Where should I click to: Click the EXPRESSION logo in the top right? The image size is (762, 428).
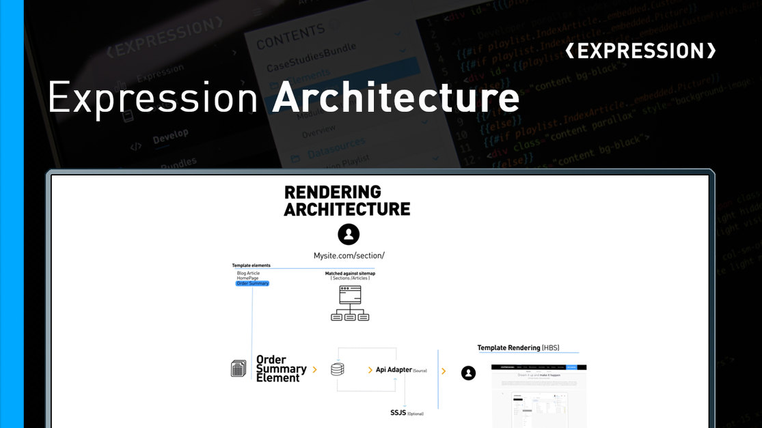[641, 51]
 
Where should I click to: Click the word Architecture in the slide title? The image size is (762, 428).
[396, 98]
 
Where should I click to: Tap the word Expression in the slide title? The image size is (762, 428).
[152, 98]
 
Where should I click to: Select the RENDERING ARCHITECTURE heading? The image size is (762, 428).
[346, 201]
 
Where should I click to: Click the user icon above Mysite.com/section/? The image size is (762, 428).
[349, 234]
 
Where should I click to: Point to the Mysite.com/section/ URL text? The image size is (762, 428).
[349, 255]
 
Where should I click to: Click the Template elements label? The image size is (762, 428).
[251, 265]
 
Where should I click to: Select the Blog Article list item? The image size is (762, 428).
[248, 273]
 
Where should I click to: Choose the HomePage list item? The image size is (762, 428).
[248, 278]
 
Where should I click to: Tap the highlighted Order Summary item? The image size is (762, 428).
[252, 283]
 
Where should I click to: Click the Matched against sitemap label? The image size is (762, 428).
[350, 274]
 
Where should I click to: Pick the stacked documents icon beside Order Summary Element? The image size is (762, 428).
[238, 369]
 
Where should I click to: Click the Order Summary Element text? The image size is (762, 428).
[280, 369]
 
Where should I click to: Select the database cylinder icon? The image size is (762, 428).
[337, 369]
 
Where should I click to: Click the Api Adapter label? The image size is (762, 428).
[394, 370]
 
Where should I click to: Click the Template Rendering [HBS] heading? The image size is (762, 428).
[518, 347]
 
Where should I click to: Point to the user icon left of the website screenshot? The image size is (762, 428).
[468, 373]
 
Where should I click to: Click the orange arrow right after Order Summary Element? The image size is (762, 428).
[315, 369]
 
